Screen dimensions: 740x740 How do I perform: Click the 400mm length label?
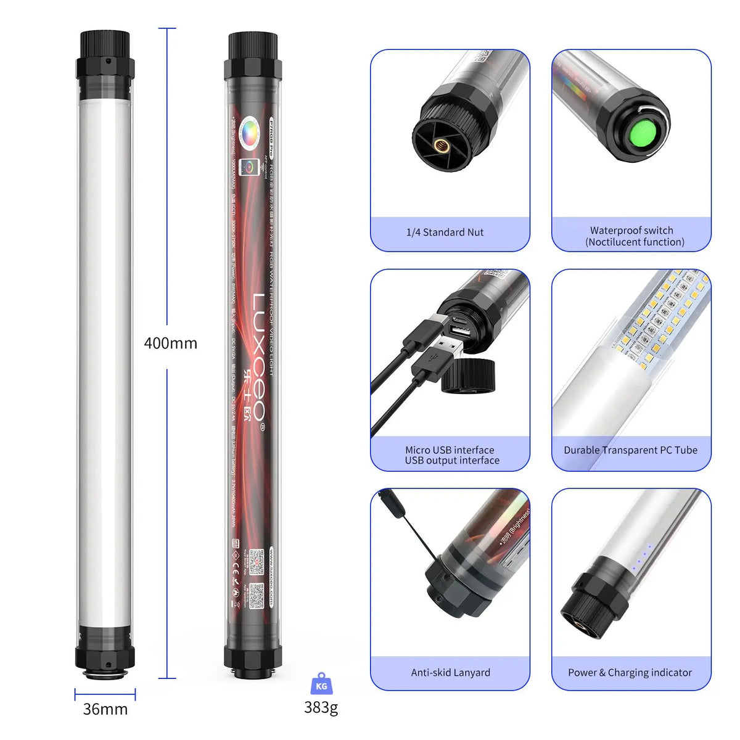point(170,343)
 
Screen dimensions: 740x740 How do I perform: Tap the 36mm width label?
point(105,709)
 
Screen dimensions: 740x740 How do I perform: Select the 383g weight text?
point(321,707)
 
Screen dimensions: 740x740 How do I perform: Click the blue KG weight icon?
point(321,684)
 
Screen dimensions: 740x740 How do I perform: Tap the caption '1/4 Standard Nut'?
point(445,232)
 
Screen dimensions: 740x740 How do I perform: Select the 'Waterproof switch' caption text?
point(631,231)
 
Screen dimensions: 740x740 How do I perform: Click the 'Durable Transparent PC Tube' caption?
point(630,450)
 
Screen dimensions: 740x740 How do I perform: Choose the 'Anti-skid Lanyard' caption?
point(450,673)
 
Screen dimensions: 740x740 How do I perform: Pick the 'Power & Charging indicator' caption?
point(630,673)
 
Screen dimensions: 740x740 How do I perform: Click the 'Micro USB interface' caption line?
point(450,450)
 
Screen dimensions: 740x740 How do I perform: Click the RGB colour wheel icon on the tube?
point(252,131)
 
